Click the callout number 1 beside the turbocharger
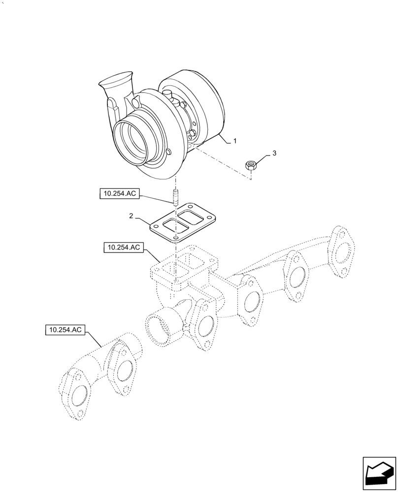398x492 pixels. (x=235, y=141)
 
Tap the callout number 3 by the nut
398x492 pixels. (x=274, y=154)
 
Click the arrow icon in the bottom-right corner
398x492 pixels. (x=379, y=473)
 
